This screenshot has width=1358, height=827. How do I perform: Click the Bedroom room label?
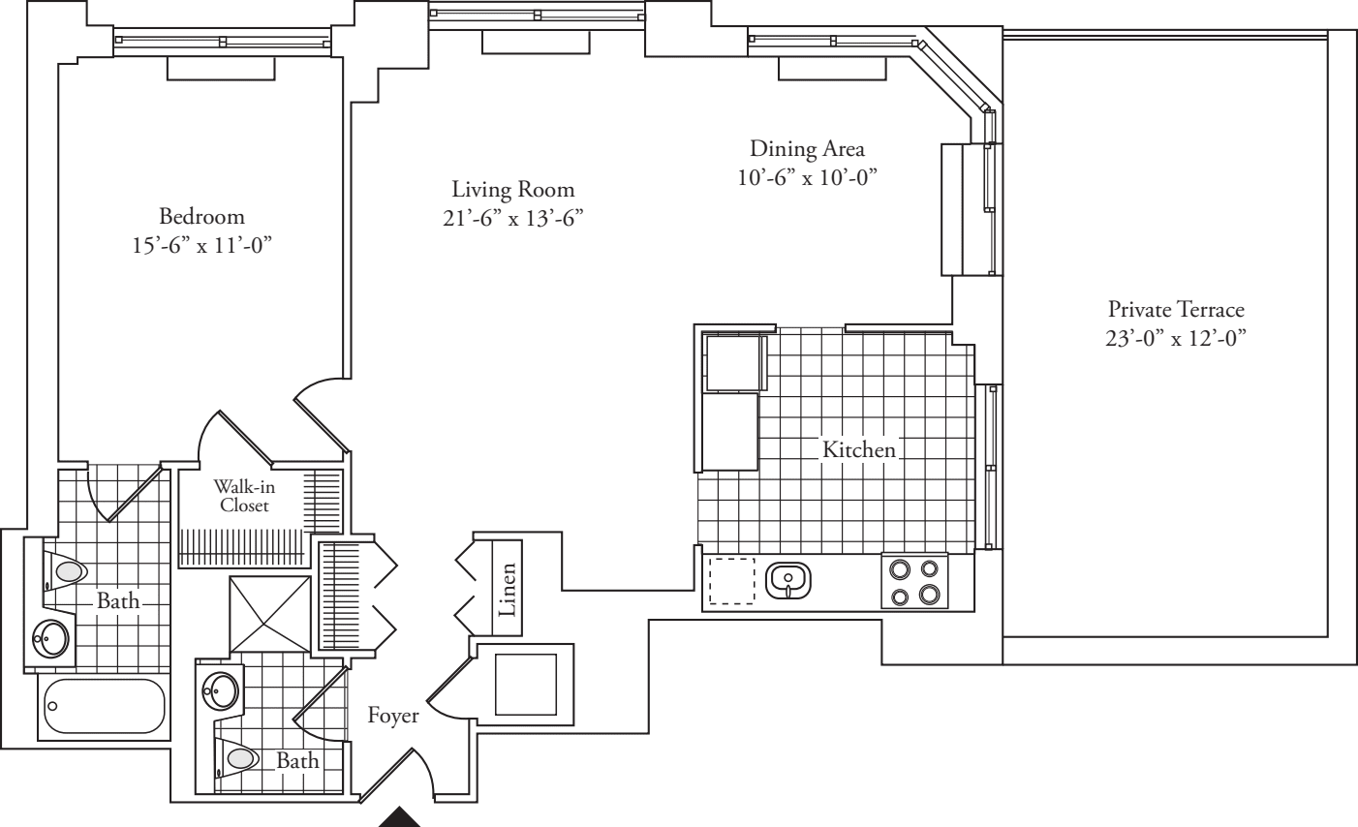pyautogui.click(x=201, y=216)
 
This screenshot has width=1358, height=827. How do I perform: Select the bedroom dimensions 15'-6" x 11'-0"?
pyautogui.click(x=201, y=246)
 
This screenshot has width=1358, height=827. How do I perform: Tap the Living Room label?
pyautogui.click(x=512, y=189)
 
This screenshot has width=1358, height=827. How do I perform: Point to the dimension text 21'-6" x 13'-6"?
pyautogui.click(x=512, y=218)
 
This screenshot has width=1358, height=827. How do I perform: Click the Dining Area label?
pyautogui.click(x=807, y=149)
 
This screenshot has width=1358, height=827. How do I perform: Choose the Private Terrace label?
pyautogui.click(x=1175, y=310)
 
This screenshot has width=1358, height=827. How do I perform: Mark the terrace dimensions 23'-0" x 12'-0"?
pyautogui.click(x=1175, y=339)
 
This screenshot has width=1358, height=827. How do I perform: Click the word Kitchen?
pyautogui.click(x=858, y=449)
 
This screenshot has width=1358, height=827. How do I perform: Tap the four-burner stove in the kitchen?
pyautogui.click(x=914, y=581)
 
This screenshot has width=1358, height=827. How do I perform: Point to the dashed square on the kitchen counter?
pyautogui.click(x=731, y=581)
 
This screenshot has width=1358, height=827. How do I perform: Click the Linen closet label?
pyautogui.click(x=508, y=590)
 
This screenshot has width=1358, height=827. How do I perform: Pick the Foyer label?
pyautogui.click(x=393, y=716)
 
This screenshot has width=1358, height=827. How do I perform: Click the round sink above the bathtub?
pyautogui.click(x=50, y=637)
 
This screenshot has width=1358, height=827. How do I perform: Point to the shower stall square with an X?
pyautogui.click(x=270, y=612)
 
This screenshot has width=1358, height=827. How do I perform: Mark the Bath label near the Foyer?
pyautogui.click(x=297, y=761)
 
